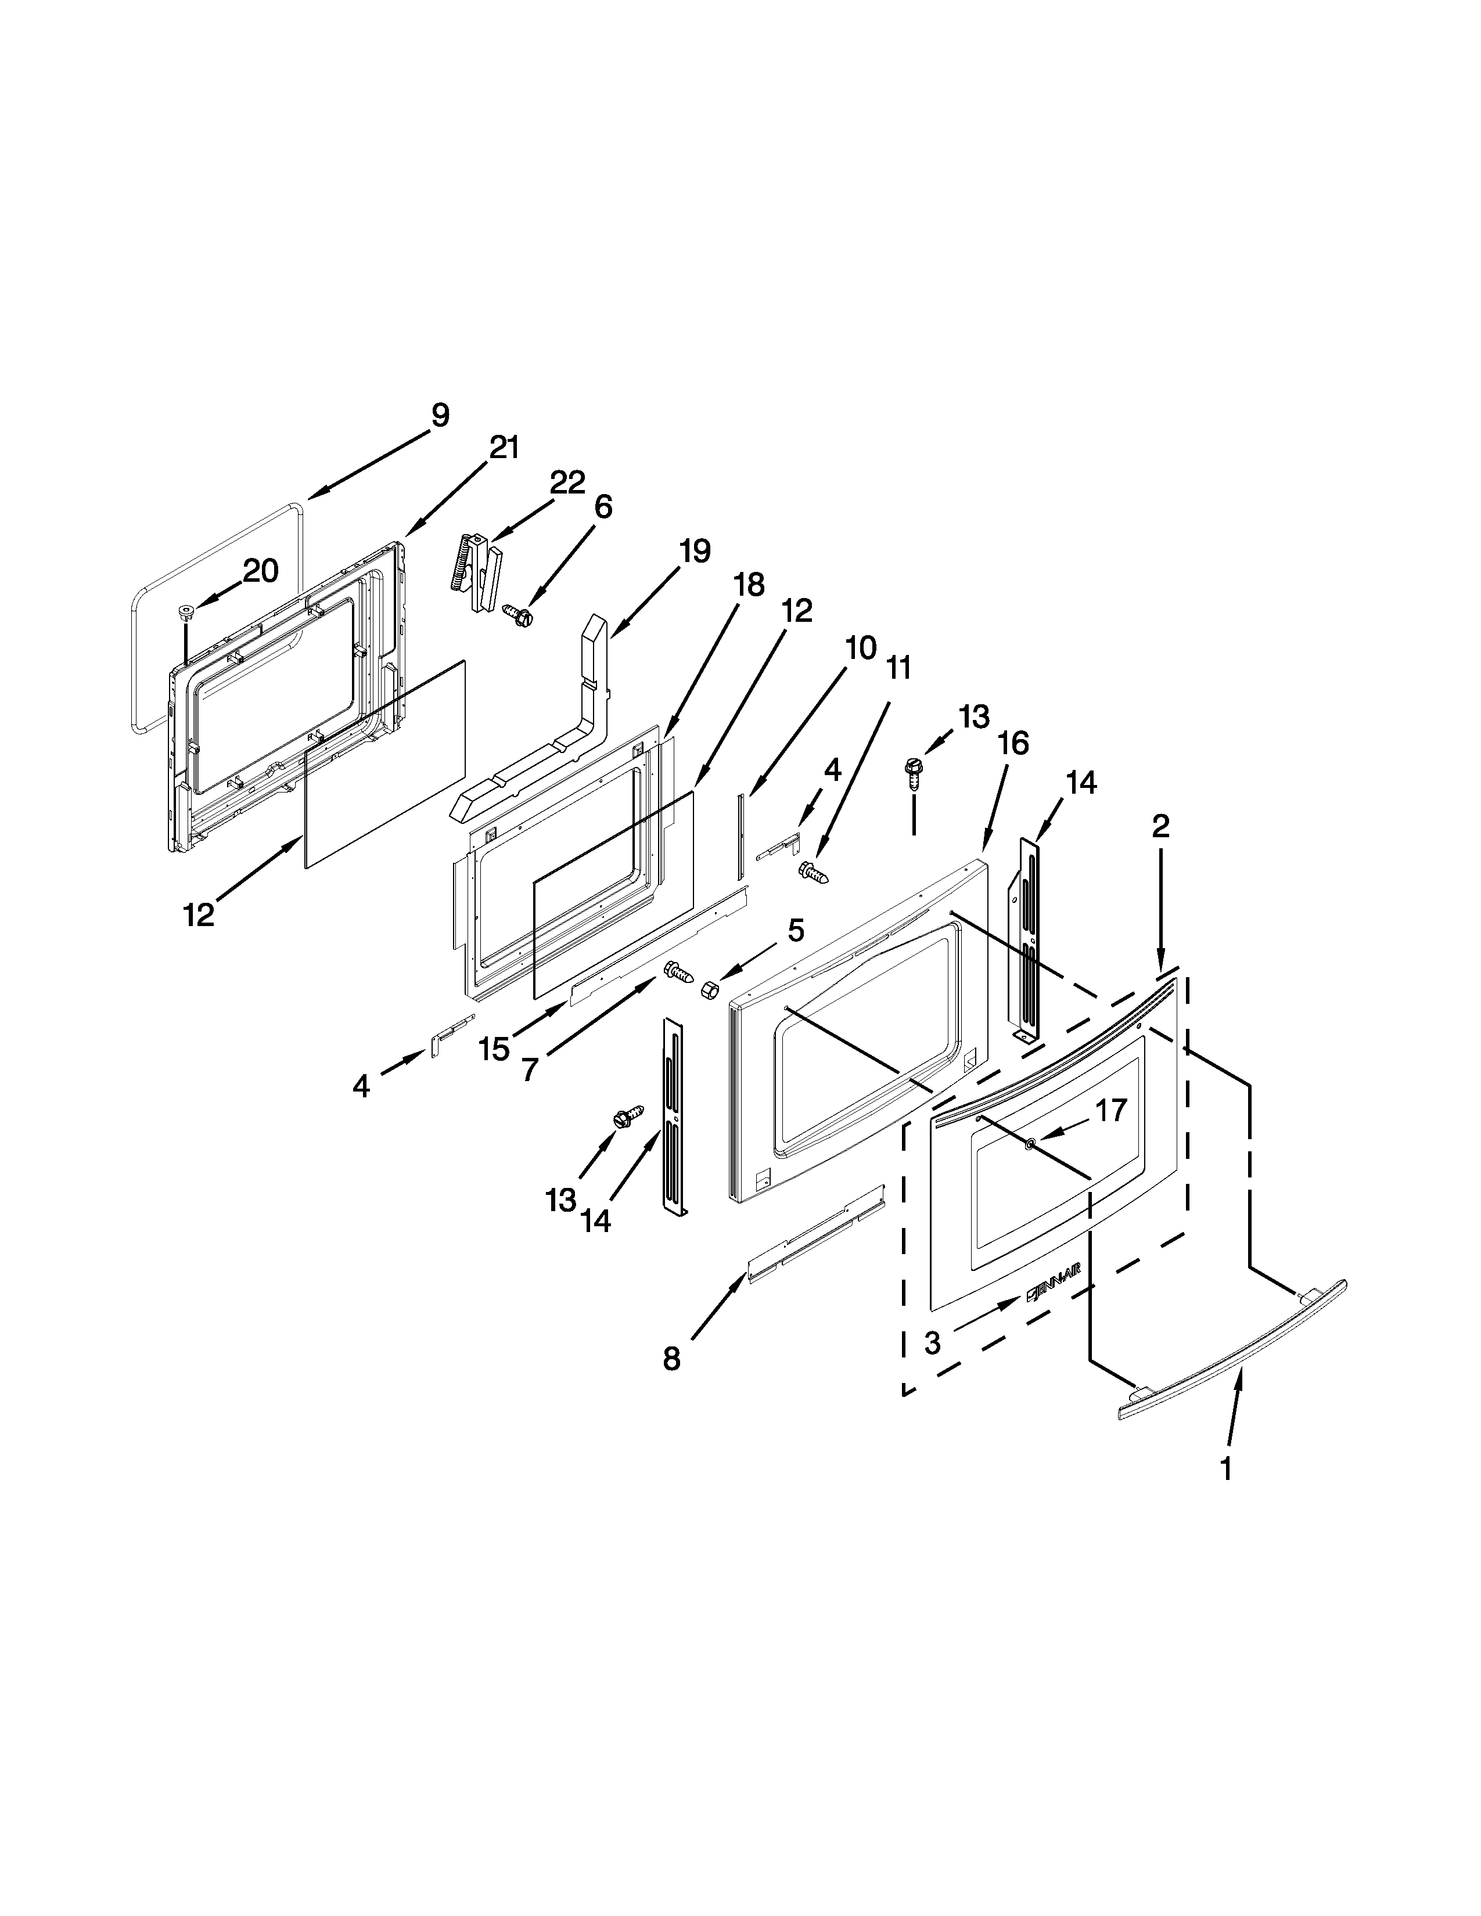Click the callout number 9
[440, 415]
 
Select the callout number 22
[567, 482]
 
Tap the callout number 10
[861, 649]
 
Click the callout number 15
[495, 1049]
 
